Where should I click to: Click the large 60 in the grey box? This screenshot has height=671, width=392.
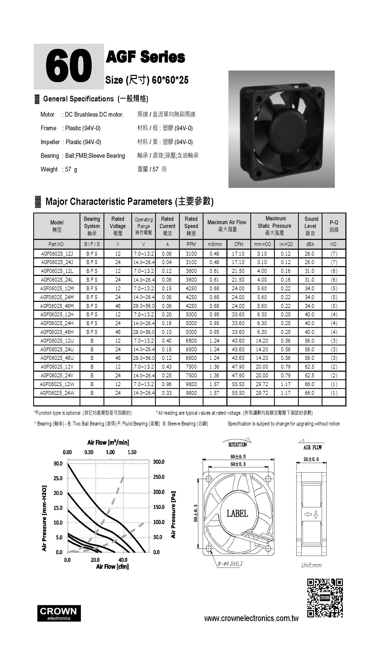69,66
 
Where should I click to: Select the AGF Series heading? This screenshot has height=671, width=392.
145,57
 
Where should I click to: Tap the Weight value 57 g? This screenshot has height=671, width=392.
71,169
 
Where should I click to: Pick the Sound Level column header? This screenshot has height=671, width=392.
310,226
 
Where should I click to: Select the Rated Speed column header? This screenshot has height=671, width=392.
191,226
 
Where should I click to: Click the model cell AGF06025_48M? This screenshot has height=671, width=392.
57,306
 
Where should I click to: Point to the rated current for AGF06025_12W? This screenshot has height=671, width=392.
167,384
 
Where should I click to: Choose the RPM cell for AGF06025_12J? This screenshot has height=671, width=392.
191,254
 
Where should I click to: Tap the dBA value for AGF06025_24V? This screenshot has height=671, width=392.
309,376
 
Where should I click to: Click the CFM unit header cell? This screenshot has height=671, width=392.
238,244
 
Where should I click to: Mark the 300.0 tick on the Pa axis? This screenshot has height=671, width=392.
159,462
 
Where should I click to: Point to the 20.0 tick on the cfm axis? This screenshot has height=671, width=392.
95,560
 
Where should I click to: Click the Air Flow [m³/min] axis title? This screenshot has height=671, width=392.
108,442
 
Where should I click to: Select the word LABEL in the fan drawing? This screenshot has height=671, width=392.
237,513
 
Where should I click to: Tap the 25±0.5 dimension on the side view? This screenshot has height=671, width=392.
311,459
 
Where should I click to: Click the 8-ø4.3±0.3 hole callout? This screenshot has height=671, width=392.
230,564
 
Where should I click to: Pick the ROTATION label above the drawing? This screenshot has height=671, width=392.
237,445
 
